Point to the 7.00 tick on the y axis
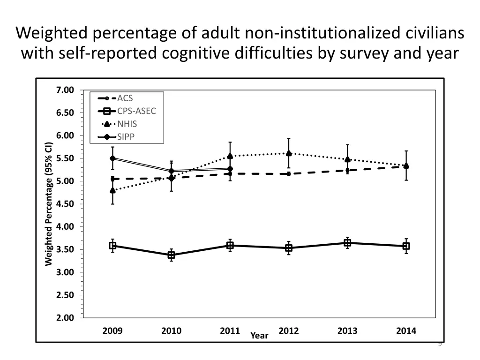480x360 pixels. (65, 90)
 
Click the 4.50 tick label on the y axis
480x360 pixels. (65, 204)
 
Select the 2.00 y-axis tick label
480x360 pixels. (65, 318)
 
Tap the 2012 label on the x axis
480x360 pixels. (289, 331)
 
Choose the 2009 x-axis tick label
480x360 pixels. (112, 331)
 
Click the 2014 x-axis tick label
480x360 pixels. (406, 331)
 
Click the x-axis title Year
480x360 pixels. (259, 336)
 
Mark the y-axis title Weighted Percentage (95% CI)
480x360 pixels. (48, 203)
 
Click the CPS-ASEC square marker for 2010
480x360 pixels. (172, 255)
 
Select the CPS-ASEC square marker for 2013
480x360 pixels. (347, 243)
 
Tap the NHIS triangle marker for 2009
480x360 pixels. (112, 190)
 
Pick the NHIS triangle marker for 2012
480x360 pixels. (289, 153)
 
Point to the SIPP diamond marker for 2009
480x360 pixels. (112, 158)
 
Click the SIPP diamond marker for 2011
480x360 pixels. (230, 169)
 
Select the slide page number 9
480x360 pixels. (440, 345)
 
